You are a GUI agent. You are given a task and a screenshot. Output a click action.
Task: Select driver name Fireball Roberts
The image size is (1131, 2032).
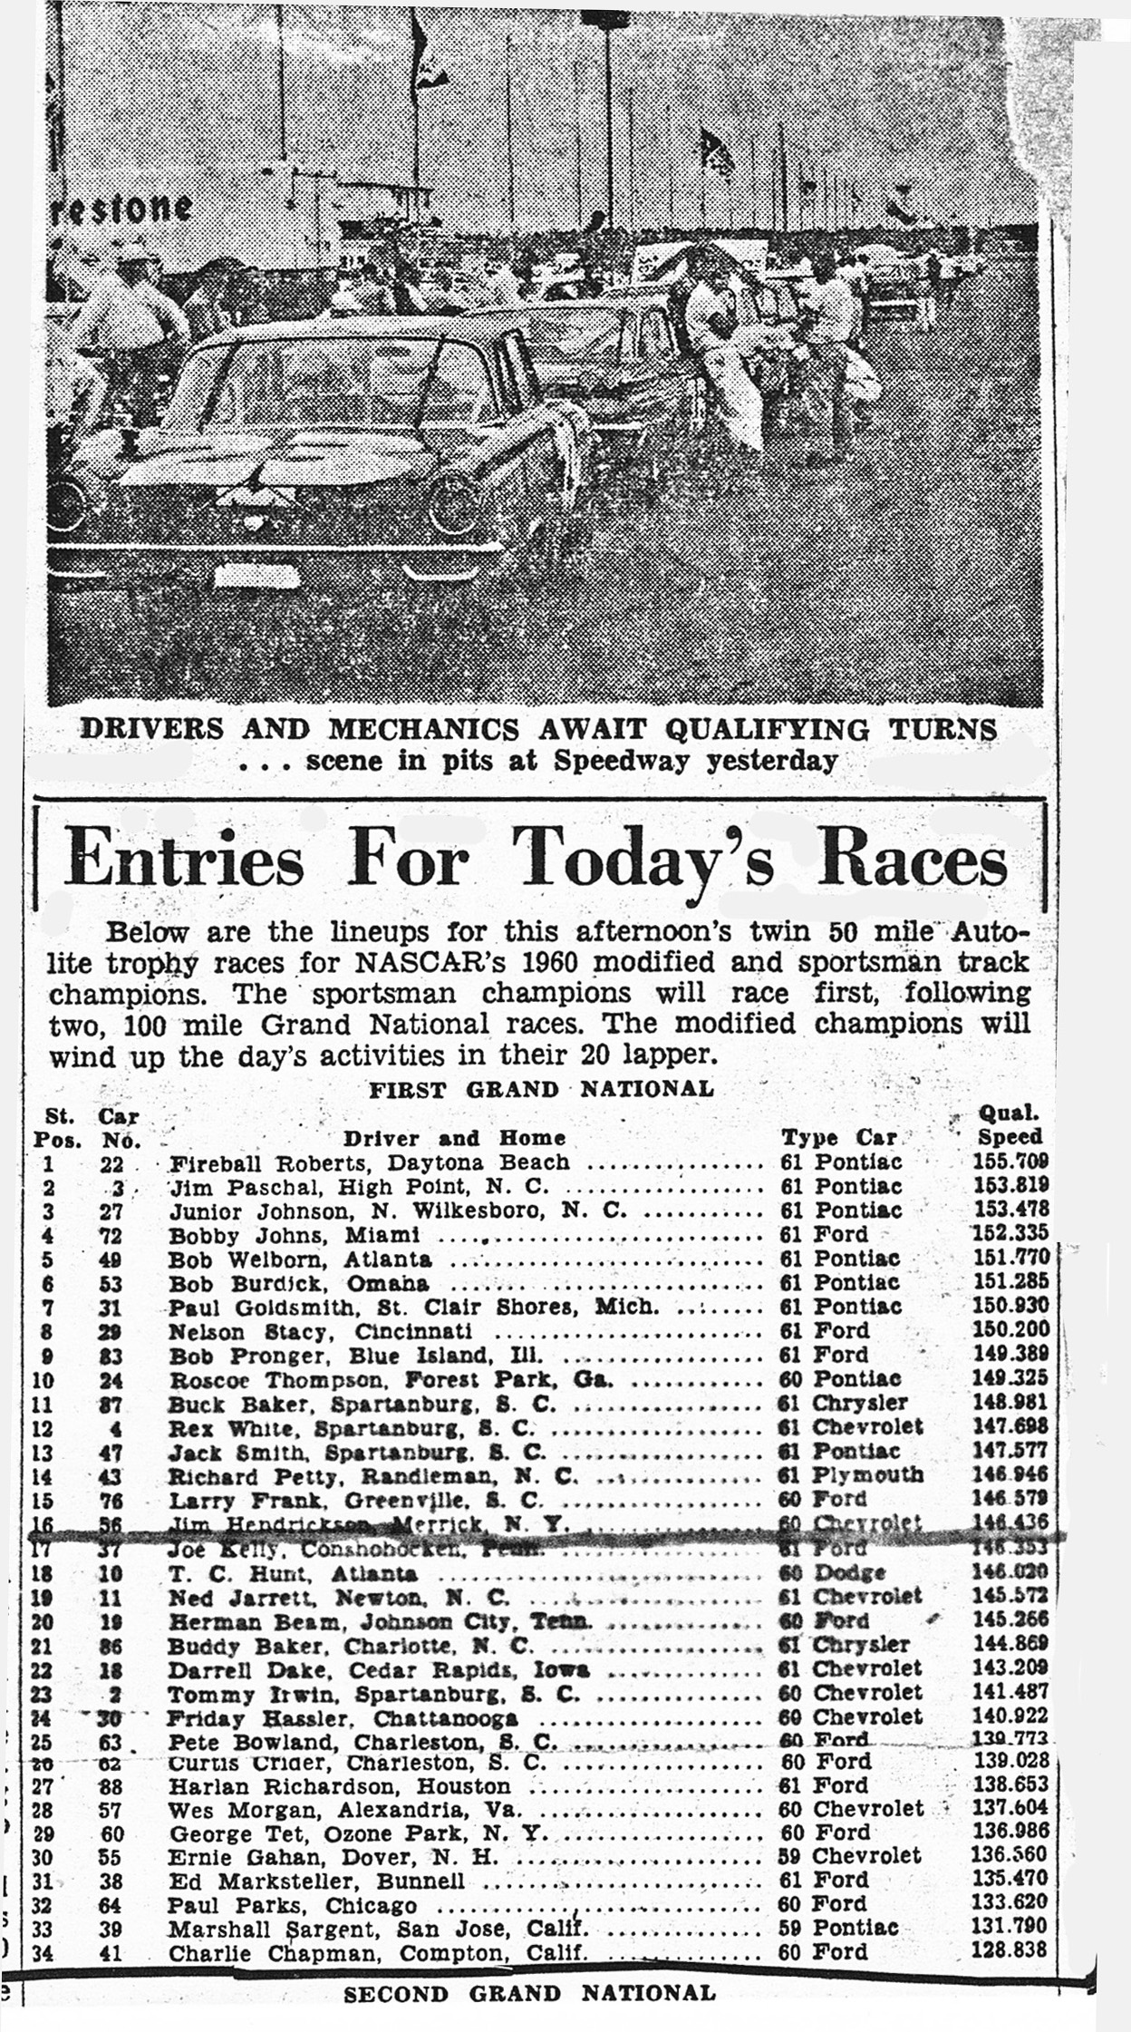240,1162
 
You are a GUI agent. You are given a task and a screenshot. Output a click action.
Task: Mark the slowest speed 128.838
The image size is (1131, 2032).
1010,1949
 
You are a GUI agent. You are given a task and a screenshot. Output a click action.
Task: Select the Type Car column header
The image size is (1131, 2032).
839,1137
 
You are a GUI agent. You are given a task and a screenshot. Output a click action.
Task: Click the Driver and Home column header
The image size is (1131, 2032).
454,1138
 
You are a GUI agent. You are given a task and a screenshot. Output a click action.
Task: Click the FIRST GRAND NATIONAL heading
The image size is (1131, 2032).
541,1089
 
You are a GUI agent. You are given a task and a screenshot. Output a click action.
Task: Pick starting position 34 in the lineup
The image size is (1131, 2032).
43,1952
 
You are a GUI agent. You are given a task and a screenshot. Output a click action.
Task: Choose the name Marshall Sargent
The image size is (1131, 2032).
246,1928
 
